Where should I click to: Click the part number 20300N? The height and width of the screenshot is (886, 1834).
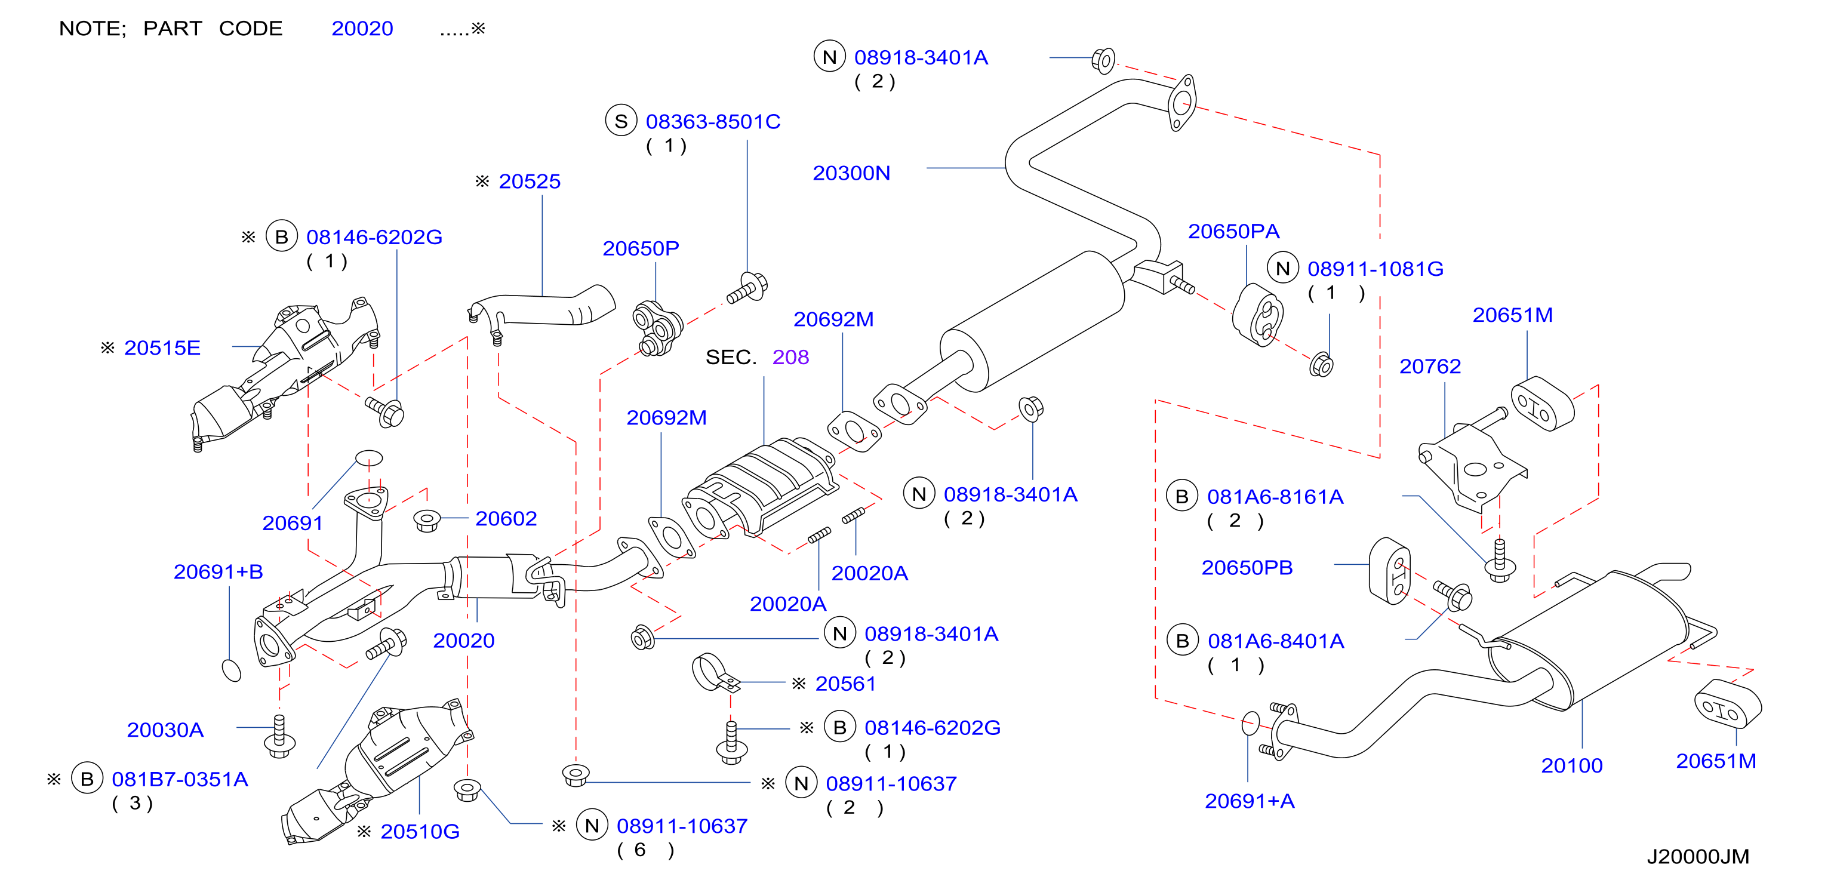point(851,173)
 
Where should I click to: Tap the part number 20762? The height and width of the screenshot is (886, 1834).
point(1430,366)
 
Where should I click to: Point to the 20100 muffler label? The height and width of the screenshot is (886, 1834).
point(1571,765)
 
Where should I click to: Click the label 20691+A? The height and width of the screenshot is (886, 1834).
point(1250,801)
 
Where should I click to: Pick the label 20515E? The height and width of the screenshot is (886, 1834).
point(162,348)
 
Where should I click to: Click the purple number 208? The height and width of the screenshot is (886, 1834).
point(790,357)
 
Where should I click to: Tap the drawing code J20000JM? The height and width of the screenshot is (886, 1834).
point(1697,857)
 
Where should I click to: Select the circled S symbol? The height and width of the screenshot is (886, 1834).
point(621,121)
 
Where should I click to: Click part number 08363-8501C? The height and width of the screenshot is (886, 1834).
point(713,122)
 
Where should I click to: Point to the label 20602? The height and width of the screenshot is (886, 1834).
point(506,518)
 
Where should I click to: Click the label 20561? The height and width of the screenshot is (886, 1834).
point(845,684)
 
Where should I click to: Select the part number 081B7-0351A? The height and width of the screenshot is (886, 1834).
point(180,779)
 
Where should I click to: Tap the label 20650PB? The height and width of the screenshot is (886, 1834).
point(1247,568)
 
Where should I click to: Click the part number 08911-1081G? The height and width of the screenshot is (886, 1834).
point(1375,269)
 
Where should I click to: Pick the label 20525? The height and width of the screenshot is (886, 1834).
point(529,181)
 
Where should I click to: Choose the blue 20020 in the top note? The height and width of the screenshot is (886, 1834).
point(362,29)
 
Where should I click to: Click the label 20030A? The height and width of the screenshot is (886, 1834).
point(165,730)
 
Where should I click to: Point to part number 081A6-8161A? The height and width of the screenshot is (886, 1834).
point(1275,497)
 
